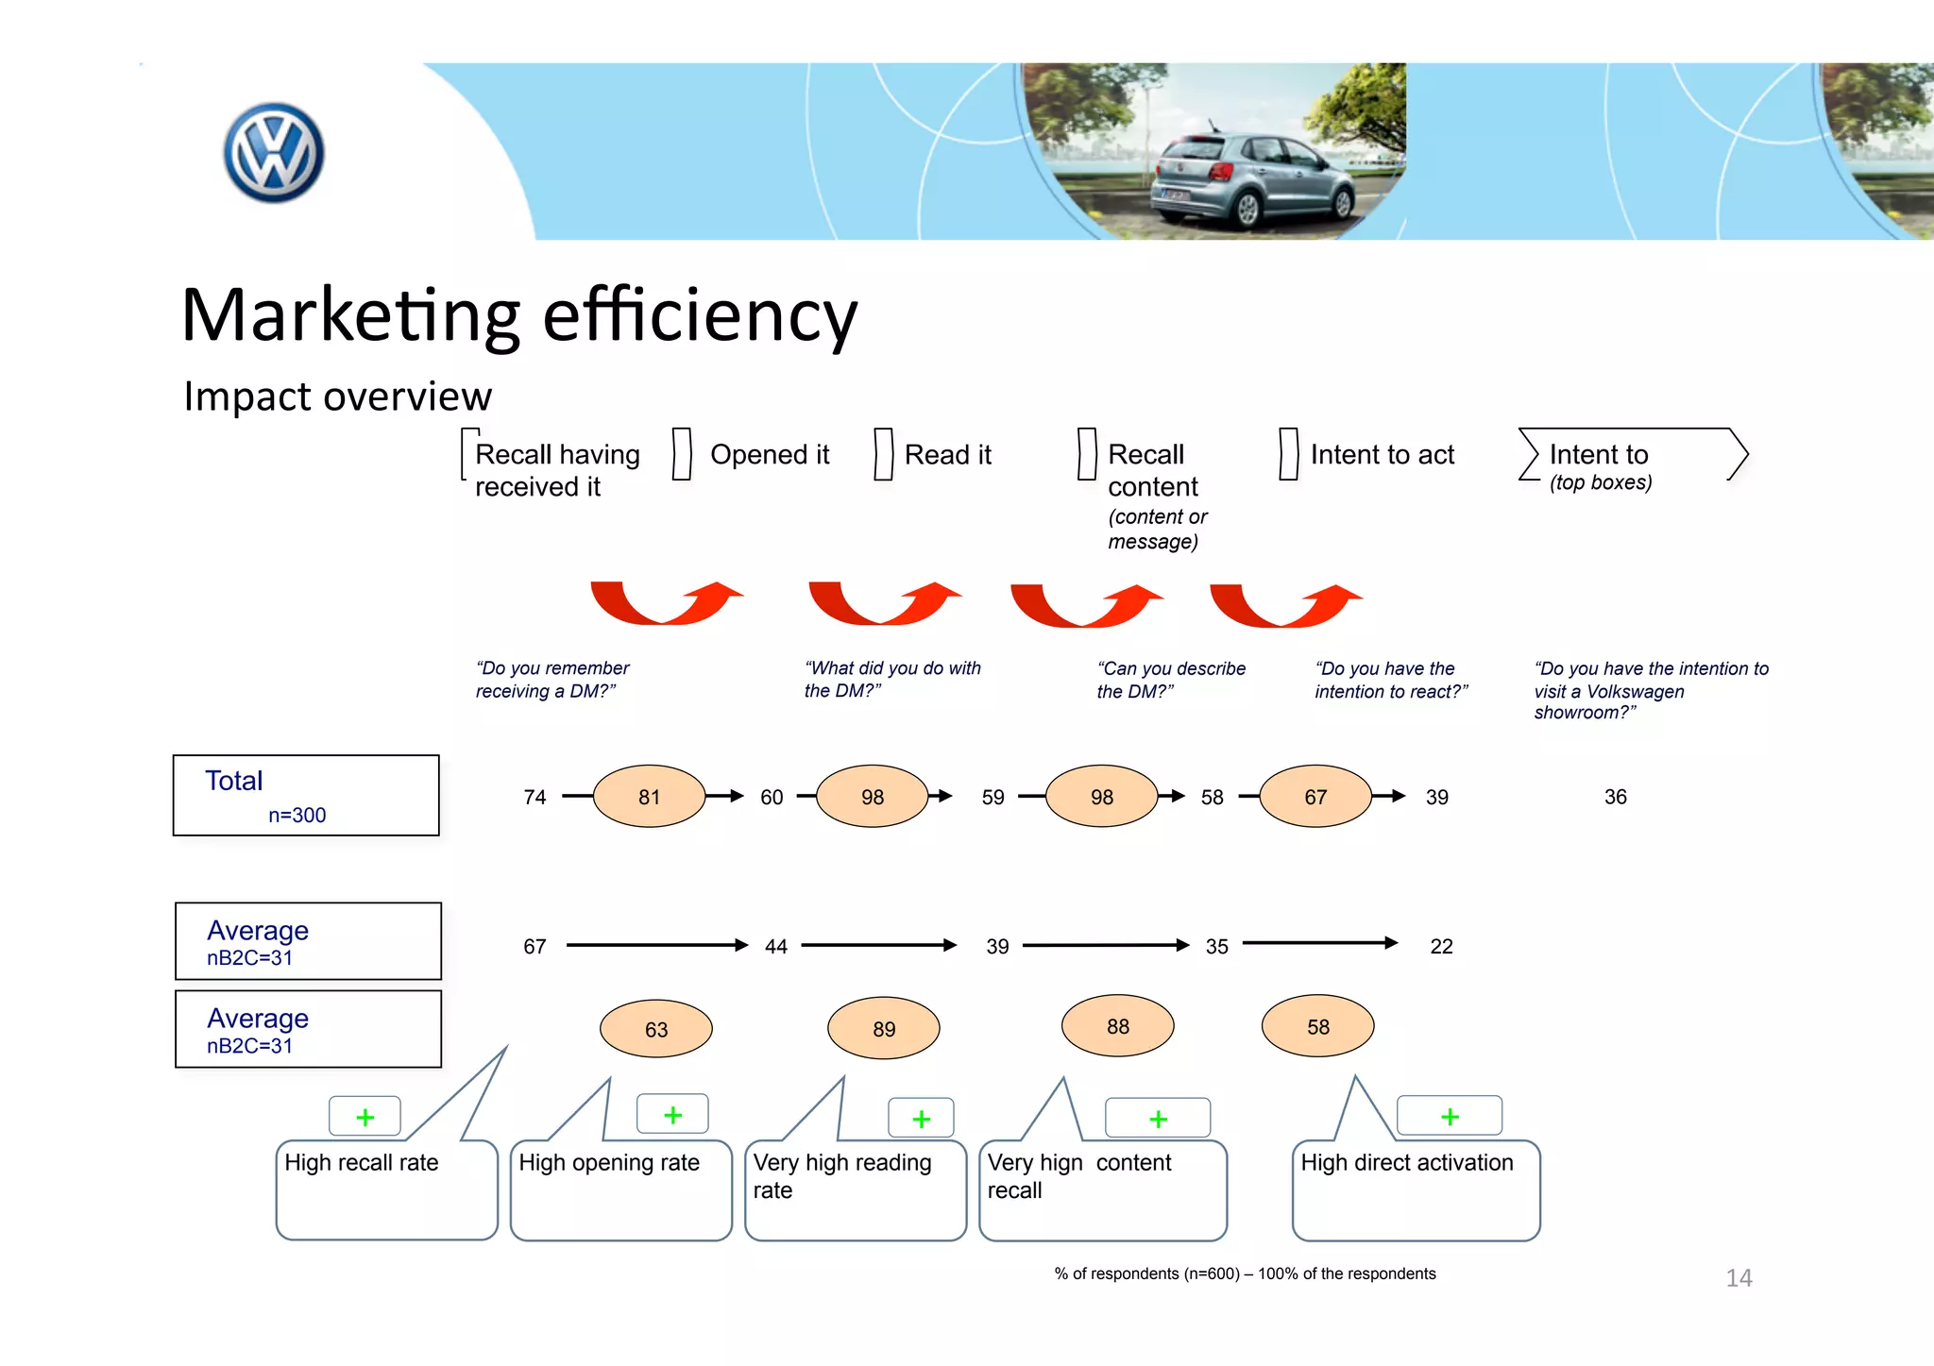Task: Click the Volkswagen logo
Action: pos(274,153)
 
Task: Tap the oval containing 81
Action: pos(649,797)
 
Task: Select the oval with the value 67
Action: pos(1315,797)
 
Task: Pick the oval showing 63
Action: pos(655,1029)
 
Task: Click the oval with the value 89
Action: pos(883,1029)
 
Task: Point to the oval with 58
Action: pos(1317,1026)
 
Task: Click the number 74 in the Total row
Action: pos(534,797)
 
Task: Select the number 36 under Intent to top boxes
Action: pos(1615,797)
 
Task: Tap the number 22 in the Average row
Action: pos(1441,946)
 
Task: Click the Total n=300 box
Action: pos(306,795)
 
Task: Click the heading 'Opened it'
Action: pos(770,455)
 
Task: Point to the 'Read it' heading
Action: pos(947,455)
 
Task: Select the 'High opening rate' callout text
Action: pos(609,1163)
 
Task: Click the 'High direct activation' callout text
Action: pos(1406,1163)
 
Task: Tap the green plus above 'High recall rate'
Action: pos(365,1118)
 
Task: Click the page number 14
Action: pos(1739,1278)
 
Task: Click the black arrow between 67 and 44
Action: pos(656,945)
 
